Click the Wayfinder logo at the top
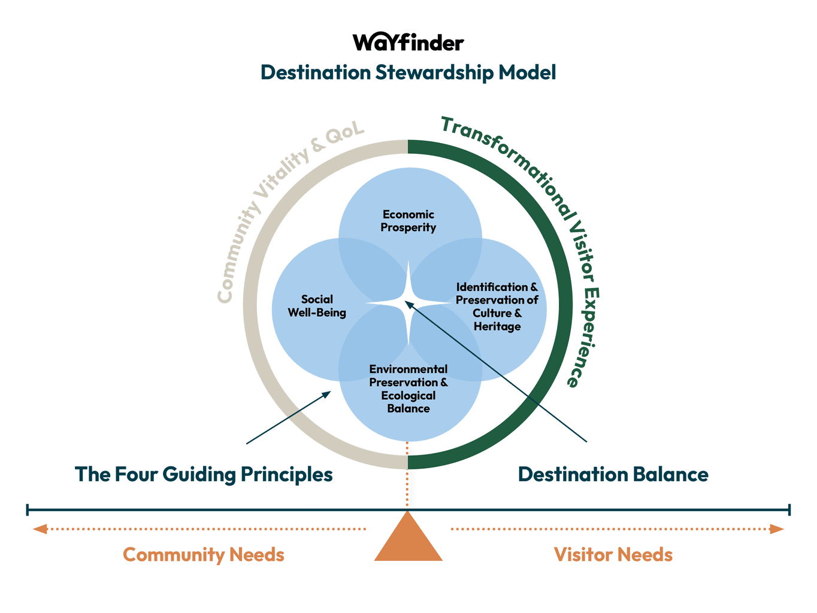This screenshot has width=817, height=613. pyautogui.click(x=408, y=43)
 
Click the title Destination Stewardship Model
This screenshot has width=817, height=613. pyautogui.click(x=408, y=72)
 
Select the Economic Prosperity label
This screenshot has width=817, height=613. pyautogui.click(x=408, y=221)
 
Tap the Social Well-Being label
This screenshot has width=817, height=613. pyautogui.click(x=317, y=306)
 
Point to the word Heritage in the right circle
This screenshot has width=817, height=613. pyautogui.click(x=497, y=326)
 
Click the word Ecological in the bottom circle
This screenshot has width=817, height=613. pyautogui.click(x=408, y=396)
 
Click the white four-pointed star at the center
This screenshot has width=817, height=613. pyautogui.click(x=408, y=304)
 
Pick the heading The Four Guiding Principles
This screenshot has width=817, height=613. pyautogui.click(x=204, y=474)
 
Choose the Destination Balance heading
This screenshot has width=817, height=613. pyautogui.click(x=613, y=474)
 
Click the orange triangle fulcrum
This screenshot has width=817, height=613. pyautogui.click(x=408, y=542)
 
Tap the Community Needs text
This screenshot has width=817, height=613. pyautogui.click(x=204, y=554)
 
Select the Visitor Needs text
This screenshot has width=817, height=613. pyautogui.click(x=613, y=554)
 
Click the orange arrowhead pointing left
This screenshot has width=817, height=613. pyautogui.click(x=40, y=529)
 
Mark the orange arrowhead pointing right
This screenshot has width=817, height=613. pyautogui.click(x=777, y=529)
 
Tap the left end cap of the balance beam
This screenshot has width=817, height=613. pyautogui.click(x=28, y=510)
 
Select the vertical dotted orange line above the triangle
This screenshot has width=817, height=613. pyautogui.click(x=408, y=476)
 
